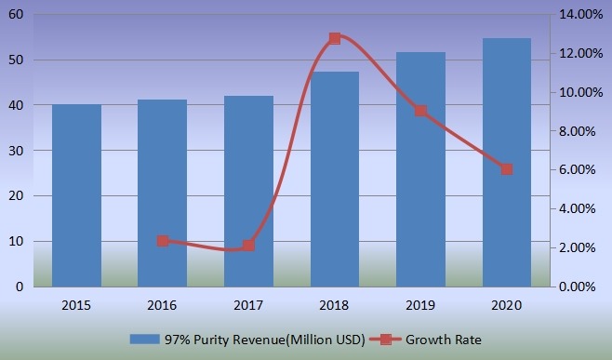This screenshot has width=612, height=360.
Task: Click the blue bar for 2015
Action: coord(76,195)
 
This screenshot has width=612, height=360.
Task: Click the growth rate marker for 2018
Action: coord(335,39)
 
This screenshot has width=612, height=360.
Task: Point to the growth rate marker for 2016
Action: coord(163,241)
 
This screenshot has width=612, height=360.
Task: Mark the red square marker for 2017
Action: coord(248,246)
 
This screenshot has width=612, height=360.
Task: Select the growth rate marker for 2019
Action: coord(420,111)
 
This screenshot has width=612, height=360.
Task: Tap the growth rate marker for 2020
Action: coord(507,169)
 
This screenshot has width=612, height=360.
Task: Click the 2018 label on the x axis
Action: coord(335,303)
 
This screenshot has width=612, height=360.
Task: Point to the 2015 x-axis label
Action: coord(76,303)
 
